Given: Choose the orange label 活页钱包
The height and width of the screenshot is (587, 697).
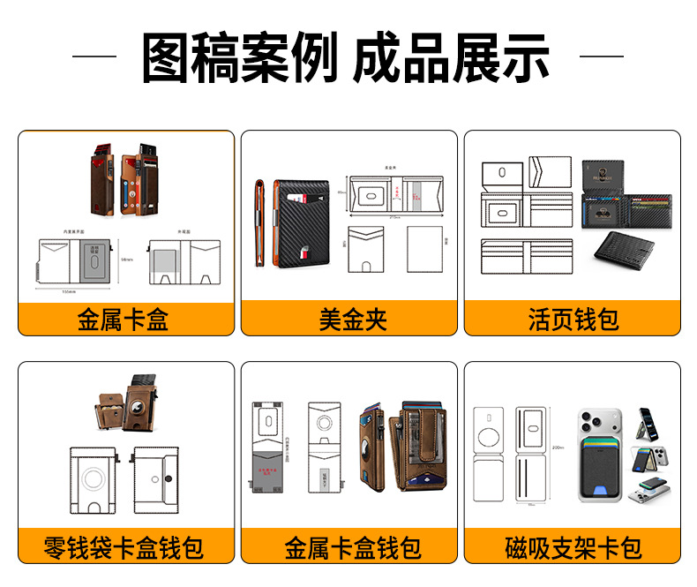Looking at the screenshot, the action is [573, 319].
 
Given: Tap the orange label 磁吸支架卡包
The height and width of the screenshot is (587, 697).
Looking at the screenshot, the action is [573, 548].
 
